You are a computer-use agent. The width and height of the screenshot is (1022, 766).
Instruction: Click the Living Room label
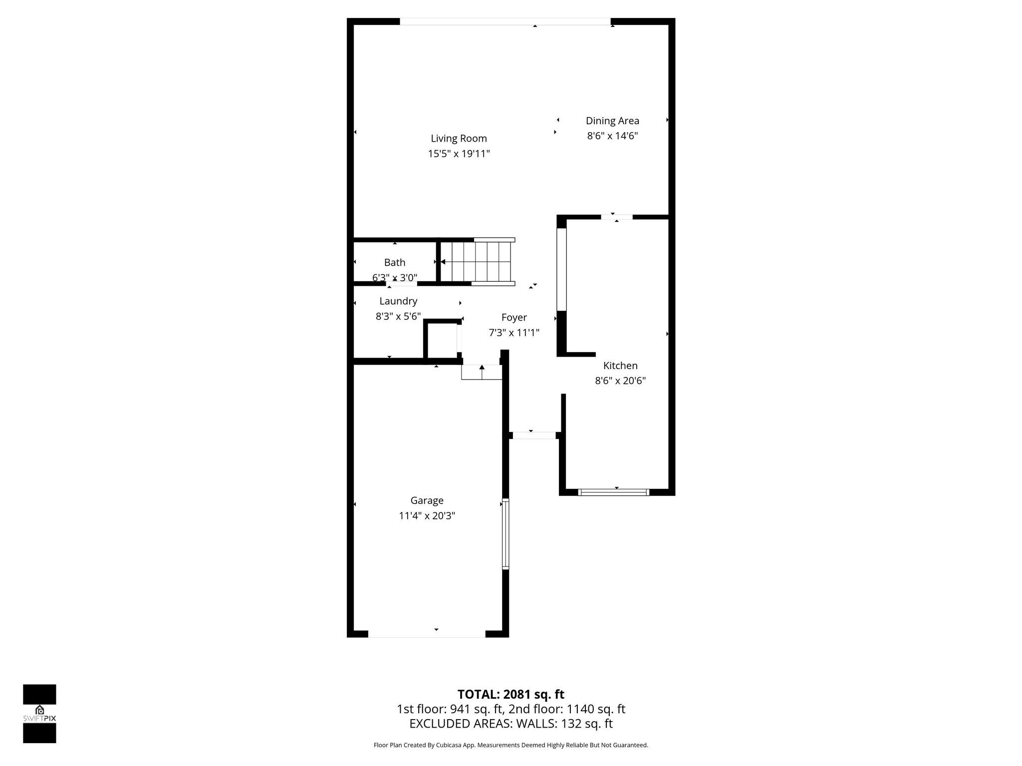459,139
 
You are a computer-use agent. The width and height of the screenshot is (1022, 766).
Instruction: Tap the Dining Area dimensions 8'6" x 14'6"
612,136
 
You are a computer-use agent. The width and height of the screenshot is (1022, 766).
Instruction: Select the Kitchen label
620,366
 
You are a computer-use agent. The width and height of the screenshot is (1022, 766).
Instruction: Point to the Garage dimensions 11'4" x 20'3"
427,516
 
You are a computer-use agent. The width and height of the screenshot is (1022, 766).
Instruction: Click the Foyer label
514,318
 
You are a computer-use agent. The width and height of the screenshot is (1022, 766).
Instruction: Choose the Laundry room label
398,301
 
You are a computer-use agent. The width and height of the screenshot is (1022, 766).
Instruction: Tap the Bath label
395,262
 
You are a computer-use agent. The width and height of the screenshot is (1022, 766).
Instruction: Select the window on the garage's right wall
505,534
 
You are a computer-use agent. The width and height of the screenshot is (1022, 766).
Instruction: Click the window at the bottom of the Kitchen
613,492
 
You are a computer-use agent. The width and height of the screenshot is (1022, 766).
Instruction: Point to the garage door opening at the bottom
427,634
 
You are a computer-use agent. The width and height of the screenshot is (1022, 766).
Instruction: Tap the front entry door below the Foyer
534,435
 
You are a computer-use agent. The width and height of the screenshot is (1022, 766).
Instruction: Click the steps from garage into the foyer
482,372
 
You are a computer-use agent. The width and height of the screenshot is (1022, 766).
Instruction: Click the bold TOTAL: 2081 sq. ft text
511,694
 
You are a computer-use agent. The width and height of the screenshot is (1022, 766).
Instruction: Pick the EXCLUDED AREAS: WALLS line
511,724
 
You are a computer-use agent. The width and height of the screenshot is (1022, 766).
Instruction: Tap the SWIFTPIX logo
39,714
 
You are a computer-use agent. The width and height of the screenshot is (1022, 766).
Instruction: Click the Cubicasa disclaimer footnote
511,745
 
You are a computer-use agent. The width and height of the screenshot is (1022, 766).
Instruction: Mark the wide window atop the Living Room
505,21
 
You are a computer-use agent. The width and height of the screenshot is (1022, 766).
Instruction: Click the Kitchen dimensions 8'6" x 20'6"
620,381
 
